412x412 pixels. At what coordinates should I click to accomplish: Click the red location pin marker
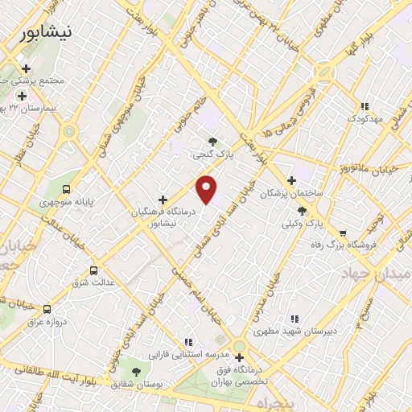[x=207, y=188]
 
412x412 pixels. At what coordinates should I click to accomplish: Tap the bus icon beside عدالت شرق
[x=94, y=270]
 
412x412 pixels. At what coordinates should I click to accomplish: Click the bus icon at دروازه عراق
[x=47, y=308]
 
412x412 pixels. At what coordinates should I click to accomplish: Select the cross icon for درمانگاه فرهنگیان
[x=163, y=199]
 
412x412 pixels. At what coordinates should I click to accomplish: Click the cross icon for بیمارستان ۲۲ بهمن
[x=21, y=96]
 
